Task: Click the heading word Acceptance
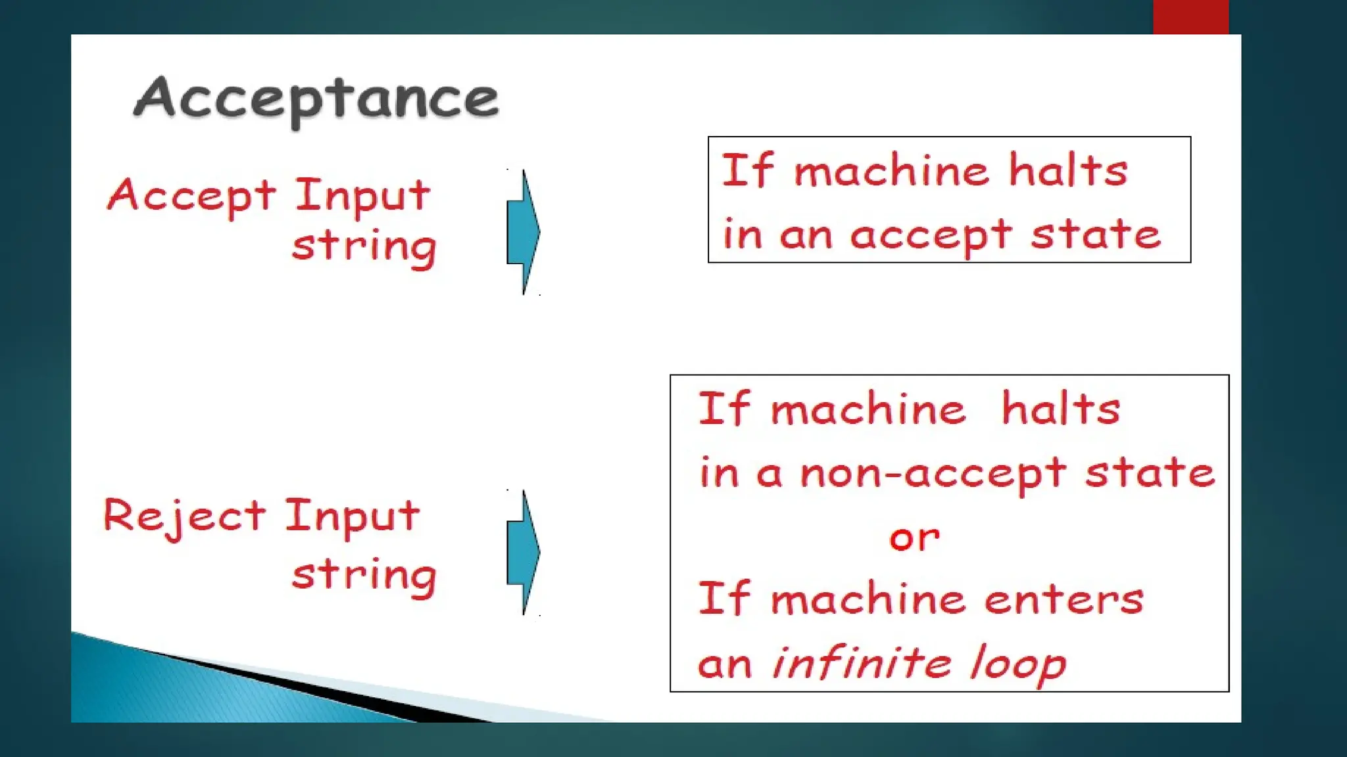point(316,99)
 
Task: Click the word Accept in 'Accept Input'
point(191,195)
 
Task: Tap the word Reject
point(184,516)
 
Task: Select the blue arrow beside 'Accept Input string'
point(524,232)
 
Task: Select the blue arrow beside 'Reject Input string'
point(524,553)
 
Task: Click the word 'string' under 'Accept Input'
point(364,248)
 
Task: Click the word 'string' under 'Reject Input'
point(364,576)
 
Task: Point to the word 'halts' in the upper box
point(1068,171)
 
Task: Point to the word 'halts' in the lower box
point(1060,409)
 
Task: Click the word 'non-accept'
point(933,473)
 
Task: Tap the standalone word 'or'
point(914,538)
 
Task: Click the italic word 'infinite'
point(862,662)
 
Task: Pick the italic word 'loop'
point(1017,664)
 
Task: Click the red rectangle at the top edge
point(1190,16)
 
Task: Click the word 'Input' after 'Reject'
point(352,515)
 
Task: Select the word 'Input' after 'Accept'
point(362,195)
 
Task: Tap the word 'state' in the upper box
point(1095,235)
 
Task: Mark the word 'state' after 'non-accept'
point(1150,472)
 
